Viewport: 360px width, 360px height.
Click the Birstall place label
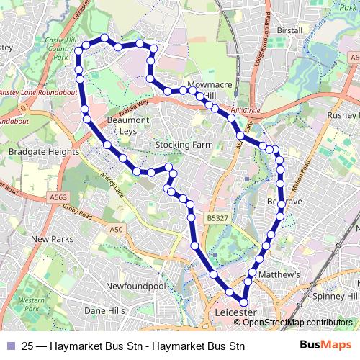pyautogui.click(x=289, y=31)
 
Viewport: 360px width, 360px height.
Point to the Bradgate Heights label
pyautogui.click(x=43, y=152)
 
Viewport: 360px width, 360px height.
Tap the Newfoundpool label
pyautogui.click(x=135, y=286)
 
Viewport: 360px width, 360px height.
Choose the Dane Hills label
pyautogui.click(x=104, y=310)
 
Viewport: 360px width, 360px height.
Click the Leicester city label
pyautogui.click(x=235, y=314)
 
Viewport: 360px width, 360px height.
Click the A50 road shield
pyautogui.click(x=117, y=229)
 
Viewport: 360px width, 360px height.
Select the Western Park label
pyautogui.click(x=31, y=304)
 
